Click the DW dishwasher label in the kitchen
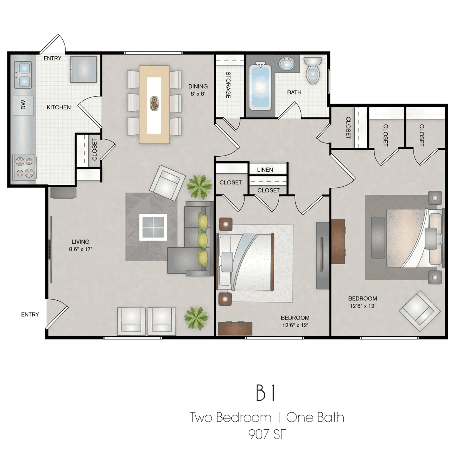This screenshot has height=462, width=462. click(x=23, y=105)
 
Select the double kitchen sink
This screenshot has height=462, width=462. click(x=23, y=75)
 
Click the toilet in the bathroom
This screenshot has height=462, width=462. click(x=313, y=70)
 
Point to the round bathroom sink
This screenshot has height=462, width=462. click(x=287, y=64)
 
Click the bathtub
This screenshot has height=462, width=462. click(x=260, y=86)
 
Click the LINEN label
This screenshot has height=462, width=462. click(x=265, y=170)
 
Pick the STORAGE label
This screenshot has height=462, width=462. click(x=228, y=85)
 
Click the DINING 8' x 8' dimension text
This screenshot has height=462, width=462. click(x=198, y=90)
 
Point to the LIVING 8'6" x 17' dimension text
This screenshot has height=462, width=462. click(x=80, y=245)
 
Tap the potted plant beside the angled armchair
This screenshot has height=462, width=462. click(x=199, y=187)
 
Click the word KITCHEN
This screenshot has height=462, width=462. click(x=59, y=107)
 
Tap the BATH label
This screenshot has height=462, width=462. click(x=294, y=92)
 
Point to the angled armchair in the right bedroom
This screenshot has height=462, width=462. click(x=420, y=311)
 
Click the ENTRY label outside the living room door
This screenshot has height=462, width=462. click(x=30, y=315)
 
